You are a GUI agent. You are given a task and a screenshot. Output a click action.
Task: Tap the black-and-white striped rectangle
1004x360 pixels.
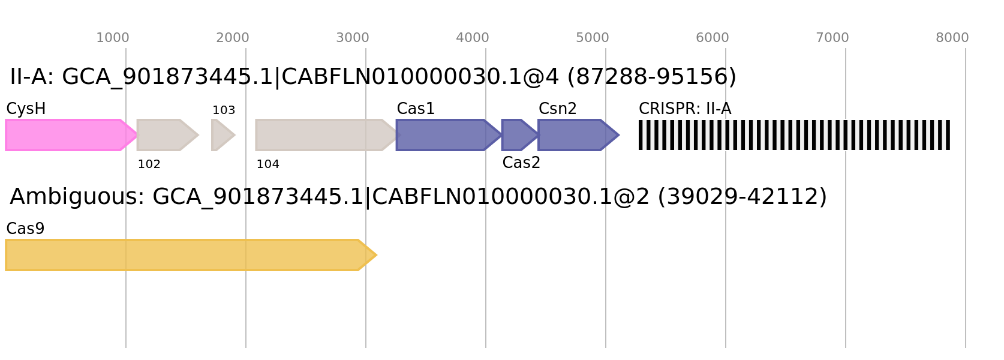pyautogui.click(x=794, y=135)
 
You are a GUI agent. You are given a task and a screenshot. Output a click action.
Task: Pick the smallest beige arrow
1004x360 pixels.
pyautogui.click(x=222, y=135)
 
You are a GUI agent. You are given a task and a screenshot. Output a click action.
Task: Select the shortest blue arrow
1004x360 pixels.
pyautogui.click(x=517, y=135)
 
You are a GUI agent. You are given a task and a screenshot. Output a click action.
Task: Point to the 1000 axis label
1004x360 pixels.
pyautogui.click(x=113, y=38)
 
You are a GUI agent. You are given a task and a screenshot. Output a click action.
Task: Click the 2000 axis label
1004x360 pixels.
pyautogui.click(x=233, y=38)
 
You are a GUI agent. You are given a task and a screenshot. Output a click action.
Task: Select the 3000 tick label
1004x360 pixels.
pyautogui.click(x=353, y=38)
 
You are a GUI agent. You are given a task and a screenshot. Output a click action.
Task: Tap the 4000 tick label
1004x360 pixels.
pyautogui.click(x=473, y=38)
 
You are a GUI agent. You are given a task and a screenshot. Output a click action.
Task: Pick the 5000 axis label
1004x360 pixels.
pyautogui.click(x=593, y=38)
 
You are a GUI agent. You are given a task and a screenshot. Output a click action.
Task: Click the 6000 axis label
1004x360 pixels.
pyautogui.click(x=713, y=38)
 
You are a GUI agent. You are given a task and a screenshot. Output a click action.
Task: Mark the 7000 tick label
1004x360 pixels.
pyautogui.click(x=832, y=38)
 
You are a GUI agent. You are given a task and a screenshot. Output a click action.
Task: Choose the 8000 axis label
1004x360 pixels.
pyautogui.click(x=952, y=38)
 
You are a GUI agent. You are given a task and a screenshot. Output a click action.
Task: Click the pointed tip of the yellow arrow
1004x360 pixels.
pyautogui.click(x=376, y=255)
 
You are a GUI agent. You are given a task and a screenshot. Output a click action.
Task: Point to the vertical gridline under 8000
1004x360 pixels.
pyautogui.click(x=966, y=240)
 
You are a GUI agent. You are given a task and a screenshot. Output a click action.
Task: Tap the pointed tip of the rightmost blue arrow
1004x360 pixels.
pyautogui.click(x=619, y=135)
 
